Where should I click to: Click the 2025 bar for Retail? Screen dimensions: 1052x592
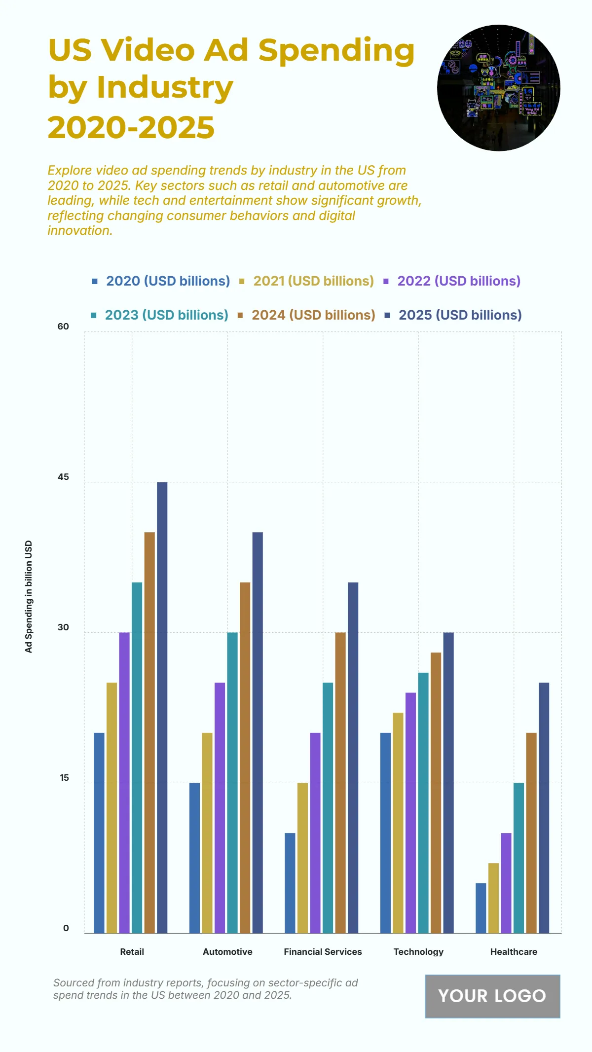tap(162, 707)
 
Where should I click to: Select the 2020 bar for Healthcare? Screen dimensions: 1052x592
tap(481, 908)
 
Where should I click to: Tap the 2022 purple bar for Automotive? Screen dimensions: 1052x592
tap(220, 807)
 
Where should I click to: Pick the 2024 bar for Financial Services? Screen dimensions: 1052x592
tap(340, 782)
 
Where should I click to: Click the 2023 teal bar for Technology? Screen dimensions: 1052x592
tap(423, 802)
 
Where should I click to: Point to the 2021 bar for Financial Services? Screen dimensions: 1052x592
tap(302, 858)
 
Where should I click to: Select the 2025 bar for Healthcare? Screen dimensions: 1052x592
tap(544, 807)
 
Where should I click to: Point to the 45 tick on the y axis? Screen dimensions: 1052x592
tap(63, 477)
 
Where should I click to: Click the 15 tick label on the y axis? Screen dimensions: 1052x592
tap(64, 778)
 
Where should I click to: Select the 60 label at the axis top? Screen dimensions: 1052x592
tap(63, 326)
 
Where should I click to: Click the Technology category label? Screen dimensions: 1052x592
tap(418, 951)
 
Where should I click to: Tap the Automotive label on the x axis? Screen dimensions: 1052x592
tap(227, 951)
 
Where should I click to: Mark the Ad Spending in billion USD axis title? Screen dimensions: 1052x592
tap(29, 596)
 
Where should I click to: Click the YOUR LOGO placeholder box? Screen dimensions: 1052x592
tap(492, 996)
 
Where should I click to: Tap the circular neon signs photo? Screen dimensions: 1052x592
tap(498, 88)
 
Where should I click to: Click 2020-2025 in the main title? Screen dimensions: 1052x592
tap(131, 127)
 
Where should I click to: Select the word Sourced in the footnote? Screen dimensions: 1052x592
tap(74, 982)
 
